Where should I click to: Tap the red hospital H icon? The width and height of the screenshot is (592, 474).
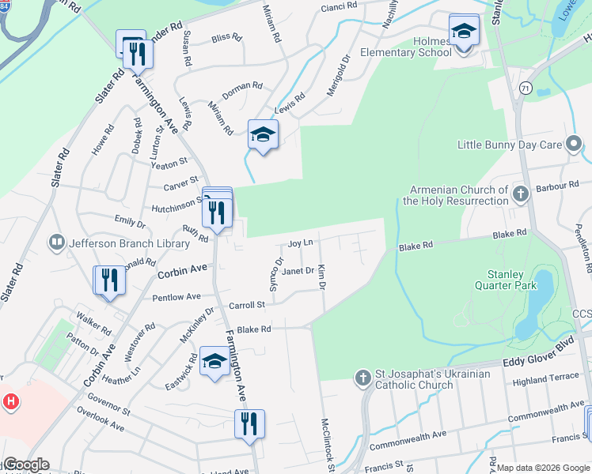[10, 401]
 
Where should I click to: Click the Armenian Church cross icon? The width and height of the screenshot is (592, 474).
[520, 193]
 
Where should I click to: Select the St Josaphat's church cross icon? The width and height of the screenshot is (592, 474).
[362, 375]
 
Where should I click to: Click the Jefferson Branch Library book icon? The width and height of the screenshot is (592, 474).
[56, 242]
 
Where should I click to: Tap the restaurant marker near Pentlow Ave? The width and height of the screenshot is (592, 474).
[109, 280]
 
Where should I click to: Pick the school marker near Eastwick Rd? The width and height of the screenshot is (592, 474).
[214, 362]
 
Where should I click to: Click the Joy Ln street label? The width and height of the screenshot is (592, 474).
[301, 243]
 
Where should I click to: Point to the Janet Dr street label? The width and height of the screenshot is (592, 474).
[298, 271]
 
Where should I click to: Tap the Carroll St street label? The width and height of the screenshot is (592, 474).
[246, 304]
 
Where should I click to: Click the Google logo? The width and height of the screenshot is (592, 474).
[25, 465]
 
